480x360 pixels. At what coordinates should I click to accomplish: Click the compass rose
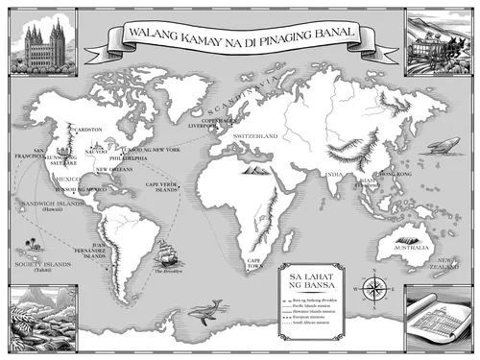coord(371,289)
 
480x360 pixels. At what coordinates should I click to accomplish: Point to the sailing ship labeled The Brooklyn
coord(167,257)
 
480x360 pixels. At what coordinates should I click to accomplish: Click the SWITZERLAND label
coord(255,137)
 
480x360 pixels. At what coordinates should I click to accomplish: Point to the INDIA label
coord(334,174)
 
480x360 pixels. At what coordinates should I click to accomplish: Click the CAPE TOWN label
coord(254,262)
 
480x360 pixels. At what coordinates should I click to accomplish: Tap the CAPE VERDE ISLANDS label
coord(161,186)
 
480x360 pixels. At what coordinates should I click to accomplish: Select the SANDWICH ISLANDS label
coord(37,204)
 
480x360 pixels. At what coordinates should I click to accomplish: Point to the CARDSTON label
coord(89,129)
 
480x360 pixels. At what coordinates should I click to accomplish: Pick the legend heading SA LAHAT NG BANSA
coord(308,279)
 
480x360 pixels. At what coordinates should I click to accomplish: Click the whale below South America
coord(204,309)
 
